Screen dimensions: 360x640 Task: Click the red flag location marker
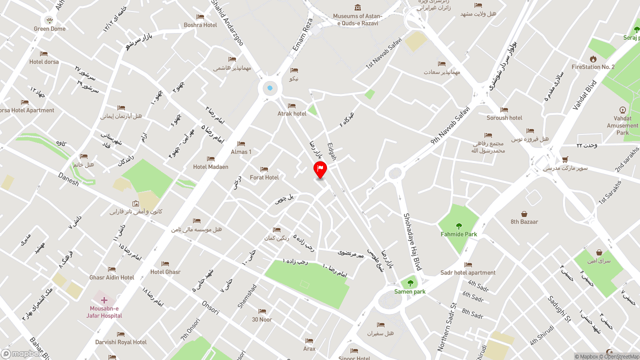pos(320,169)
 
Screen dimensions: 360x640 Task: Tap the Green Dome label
pos(49,29)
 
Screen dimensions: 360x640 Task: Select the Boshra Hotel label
pos(200,25)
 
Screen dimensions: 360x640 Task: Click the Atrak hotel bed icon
pos(292,106)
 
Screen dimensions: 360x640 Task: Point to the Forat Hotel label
pos(264,177)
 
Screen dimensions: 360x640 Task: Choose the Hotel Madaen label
pos(210,167)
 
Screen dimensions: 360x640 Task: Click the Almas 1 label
pos(241,152)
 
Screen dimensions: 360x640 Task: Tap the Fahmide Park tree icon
pos(459,226)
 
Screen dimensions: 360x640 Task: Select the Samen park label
pos(410,291)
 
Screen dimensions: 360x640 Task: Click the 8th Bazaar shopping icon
pos(524,214)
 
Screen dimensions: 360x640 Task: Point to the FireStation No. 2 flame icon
pos(593,59)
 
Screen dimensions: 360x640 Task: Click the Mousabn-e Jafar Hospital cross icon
pos(104,300)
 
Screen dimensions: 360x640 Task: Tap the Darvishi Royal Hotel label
pos(121,342)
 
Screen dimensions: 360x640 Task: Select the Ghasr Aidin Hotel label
pos(112,277)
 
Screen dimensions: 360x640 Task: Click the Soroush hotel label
pos(504,118)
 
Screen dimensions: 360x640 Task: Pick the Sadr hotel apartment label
pos(468,272)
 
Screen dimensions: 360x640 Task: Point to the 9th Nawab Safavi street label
pos(450,125)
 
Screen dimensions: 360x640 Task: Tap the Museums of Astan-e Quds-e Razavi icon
pos(357,7)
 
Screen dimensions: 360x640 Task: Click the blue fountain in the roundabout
pos(270,88)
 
